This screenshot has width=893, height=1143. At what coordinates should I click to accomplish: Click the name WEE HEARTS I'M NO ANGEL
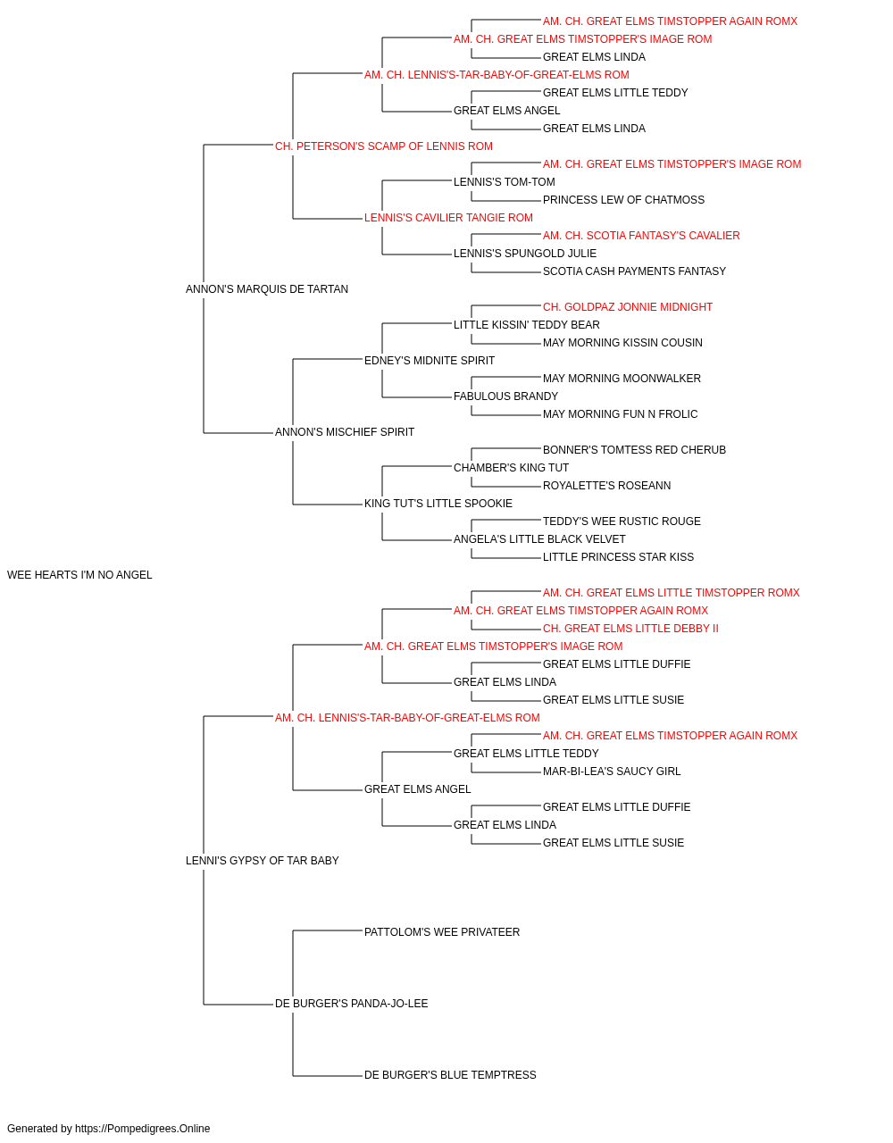79,575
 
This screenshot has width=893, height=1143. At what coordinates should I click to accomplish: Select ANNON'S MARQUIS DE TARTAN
267,289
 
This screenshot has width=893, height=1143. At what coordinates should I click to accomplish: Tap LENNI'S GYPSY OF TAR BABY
262,861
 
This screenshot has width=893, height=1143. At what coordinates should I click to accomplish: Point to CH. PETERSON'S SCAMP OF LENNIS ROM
383,146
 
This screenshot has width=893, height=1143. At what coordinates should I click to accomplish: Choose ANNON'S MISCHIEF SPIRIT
345,432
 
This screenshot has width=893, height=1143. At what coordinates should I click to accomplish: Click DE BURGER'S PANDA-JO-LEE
351,1004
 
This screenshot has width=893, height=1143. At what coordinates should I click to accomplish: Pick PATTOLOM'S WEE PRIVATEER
442,932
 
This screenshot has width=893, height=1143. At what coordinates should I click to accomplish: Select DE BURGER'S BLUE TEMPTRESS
450,1075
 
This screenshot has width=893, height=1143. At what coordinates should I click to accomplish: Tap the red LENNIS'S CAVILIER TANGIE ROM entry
448,218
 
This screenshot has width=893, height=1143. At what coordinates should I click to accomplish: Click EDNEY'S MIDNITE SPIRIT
430,361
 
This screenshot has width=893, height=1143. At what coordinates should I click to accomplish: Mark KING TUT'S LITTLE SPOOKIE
438,504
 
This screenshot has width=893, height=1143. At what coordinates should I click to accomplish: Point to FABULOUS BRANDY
505,396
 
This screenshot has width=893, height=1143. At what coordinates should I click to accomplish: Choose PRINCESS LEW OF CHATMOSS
623,200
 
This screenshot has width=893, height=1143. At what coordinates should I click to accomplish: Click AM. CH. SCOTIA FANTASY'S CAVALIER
641,236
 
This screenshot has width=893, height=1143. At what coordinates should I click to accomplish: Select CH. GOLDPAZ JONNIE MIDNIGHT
628,307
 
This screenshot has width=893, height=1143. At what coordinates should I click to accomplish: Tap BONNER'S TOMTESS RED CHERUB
634,450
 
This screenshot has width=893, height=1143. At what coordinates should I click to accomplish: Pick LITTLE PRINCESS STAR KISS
618,557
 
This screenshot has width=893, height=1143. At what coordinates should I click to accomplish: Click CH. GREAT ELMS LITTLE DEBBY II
630,629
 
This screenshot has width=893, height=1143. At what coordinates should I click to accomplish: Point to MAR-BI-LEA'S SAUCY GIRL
612,772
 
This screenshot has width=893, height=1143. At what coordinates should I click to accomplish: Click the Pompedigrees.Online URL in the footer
143,1129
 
